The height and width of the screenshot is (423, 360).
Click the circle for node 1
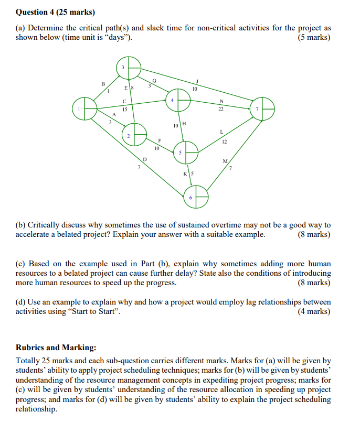85,109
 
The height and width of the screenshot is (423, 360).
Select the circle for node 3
129,68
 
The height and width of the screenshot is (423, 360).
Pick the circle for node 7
262,109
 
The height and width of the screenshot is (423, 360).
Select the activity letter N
221,101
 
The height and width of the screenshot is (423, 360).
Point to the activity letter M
225,161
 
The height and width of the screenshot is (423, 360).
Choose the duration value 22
221,109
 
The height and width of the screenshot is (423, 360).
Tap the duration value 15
124,109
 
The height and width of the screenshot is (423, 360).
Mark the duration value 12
224,142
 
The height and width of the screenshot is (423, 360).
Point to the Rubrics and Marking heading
56,347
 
